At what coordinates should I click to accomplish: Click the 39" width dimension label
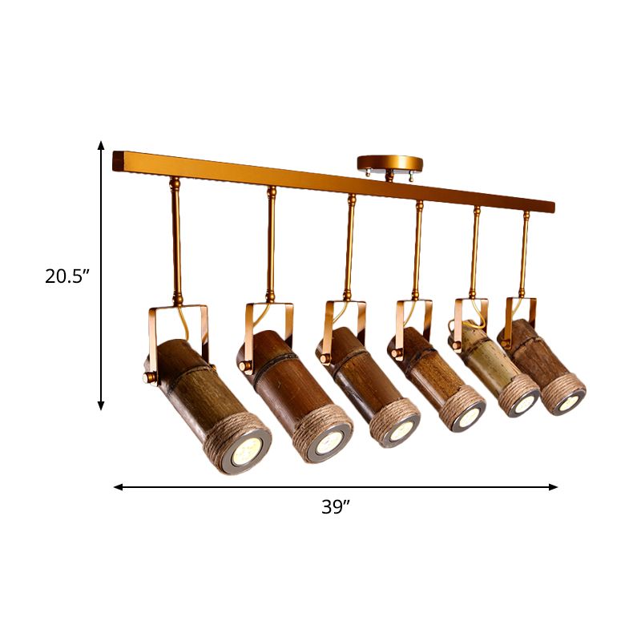pyautogui.click(x=336, y=507)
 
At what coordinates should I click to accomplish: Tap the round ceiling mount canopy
pyautogui.click(x=388, y=163)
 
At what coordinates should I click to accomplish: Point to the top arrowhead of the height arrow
pyautogui.click(x=102, y=145)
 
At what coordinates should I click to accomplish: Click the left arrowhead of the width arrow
pyautogui.click(x=118, y=486)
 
